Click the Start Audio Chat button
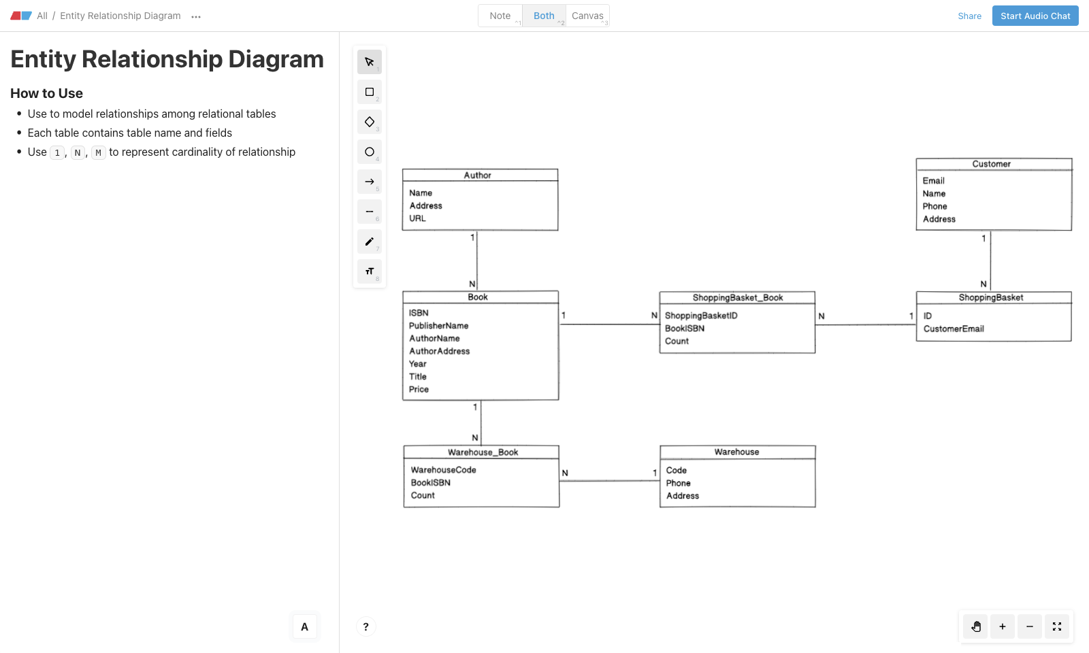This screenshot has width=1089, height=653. click(1035, 16)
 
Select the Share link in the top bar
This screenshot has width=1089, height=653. click(969, 16)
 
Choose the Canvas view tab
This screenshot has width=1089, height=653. click(587, 16)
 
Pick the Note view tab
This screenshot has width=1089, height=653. click(500, 16)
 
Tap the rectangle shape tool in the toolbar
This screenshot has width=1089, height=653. click(370, 92)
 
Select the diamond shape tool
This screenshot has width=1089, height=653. click(370, 122)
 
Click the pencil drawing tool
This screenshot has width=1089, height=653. click(370, 241)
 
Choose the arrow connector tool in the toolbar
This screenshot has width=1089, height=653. click(370, 182)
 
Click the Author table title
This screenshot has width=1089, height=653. click(477, 175)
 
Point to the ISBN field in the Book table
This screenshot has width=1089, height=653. click(419, 313)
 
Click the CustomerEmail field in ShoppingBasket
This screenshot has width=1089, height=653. click(954, 329)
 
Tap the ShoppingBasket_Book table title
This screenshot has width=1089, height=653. click(738, 298)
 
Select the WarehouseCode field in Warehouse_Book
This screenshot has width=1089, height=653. click(443, 470)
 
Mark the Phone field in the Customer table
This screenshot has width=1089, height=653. click(934, 207)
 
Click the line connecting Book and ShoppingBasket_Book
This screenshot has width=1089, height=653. click(609, 324)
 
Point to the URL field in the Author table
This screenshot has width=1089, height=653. click(417, 219)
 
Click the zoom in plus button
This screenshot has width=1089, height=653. click(1002, 626)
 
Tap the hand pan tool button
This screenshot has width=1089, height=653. click(975, 626)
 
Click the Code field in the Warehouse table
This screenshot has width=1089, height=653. click(676, 471)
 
